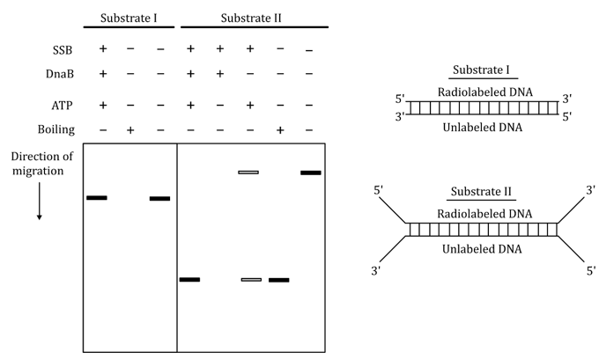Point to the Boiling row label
[x=69, y=129]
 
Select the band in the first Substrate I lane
[x=97, y=198]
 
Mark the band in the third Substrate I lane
[x=159, y=198]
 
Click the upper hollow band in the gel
[x=248, y=173]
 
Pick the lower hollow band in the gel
[x=251, y=280]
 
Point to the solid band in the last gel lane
[x=310, y=173]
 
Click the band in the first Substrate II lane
[x=189, y=280]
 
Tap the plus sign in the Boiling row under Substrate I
[x=129, y=129]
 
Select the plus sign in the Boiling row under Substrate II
[x=280, y=129]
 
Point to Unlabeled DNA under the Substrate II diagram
[x=481, y=249]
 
